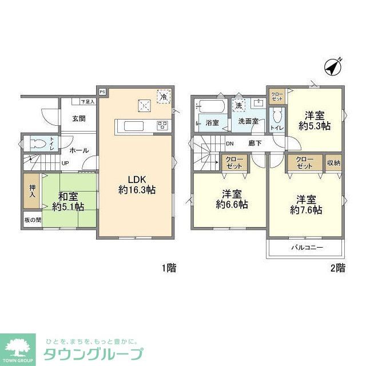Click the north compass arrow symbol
point(332,67)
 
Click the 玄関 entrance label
point(79,119)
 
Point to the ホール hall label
point(79,150)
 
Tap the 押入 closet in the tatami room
point(31,191)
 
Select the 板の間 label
point(33,220)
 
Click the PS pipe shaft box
point(102,91)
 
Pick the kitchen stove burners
point(162,126)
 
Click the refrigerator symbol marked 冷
point(164,97)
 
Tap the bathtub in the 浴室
point(209,106)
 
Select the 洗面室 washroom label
point(248,121)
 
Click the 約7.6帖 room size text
point(306,210)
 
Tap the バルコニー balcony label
point(307,248)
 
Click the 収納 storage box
point(333,162)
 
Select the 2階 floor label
point(337,268)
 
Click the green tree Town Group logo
point(18,346)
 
